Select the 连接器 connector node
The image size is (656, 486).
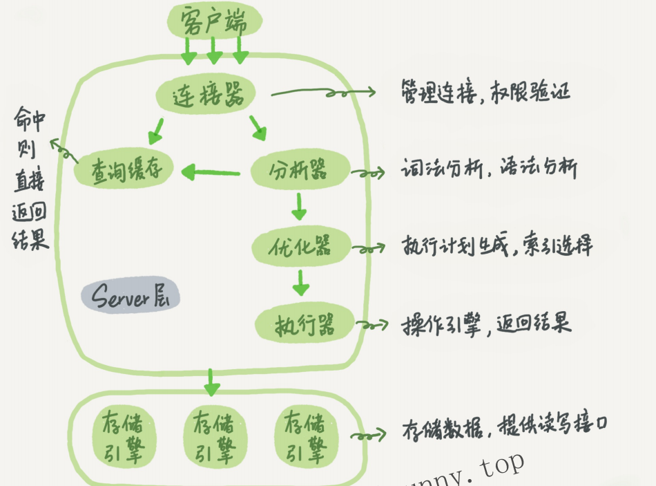(205, 95)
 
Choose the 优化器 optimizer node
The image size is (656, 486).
(302, 246)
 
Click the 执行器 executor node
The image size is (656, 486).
(305, 324)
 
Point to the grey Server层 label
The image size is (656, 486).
(130, 297)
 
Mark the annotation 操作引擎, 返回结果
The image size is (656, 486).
(486, 323)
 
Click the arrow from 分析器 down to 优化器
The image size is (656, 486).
(299, 205)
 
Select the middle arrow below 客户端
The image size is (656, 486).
(214, 50)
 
